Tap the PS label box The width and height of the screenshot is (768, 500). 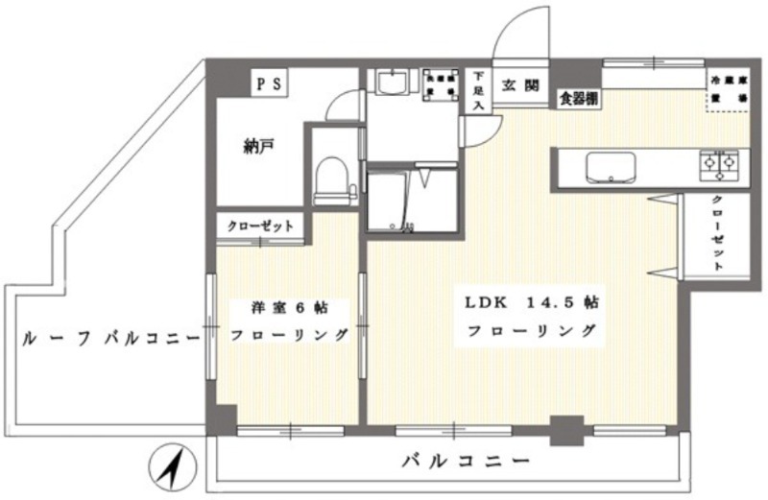pos(268,83)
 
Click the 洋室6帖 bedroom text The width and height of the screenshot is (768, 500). pos(288,309)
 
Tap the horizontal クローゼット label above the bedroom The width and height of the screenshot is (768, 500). pos(259,226)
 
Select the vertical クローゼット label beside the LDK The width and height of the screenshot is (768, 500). pos(717,233)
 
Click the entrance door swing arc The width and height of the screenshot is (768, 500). pos(523,29)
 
